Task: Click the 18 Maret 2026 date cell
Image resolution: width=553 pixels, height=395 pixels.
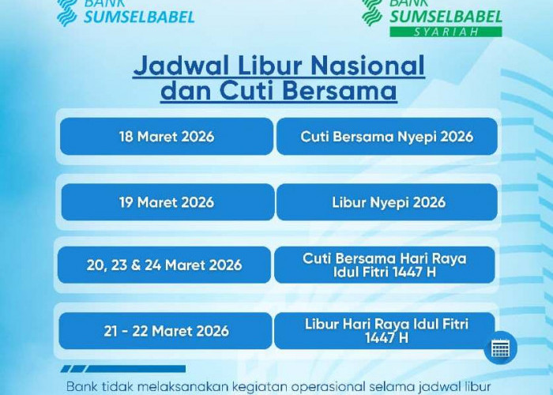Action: click(166, 137)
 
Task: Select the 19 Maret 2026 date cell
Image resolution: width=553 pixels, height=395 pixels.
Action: click(167, 202)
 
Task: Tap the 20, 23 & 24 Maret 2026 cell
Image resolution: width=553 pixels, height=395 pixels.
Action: click(164, 265)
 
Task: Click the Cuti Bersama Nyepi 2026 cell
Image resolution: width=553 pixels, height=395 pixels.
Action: click(387, 137)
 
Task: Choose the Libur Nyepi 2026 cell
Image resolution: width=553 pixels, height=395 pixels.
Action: click(387, 202)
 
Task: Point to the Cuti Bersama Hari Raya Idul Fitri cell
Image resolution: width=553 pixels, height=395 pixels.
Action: click(385, 265)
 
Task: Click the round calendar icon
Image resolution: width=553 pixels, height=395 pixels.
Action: click(500, 348)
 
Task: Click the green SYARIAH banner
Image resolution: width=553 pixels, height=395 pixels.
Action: click(446, 32)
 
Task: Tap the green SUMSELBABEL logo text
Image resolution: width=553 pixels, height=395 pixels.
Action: click(445, 15)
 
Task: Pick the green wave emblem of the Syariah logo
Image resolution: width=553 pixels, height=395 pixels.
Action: click(371, 11)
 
